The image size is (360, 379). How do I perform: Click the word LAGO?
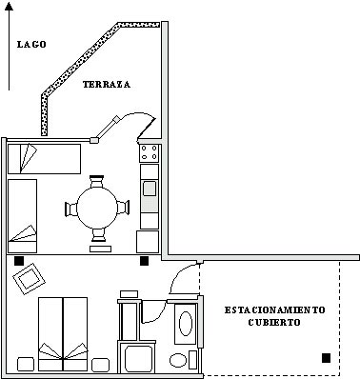(32, 44)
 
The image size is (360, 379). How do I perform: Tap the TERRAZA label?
(106, 85)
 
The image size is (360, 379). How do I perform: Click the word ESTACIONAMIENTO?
(275, 310)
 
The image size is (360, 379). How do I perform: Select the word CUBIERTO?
(275, 323)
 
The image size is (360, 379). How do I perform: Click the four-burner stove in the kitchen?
(150, 152)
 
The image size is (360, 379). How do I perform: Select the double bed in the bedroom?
(63, 329)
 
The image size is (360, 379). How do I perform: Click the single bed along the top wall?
(48, 157)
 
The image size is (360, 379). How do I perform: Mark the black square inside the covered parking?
(327, 358)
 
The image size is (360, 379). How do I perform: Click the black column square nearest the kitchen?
(145, 260)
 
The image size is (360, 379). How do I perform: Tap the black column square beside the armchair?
(19, 260)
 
